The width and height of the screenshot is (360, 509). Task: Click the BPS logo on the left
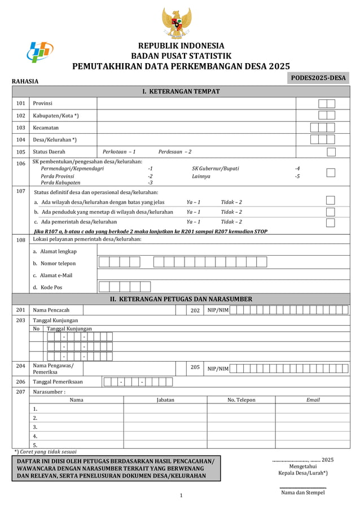pyautogui.click(x=40, y=53)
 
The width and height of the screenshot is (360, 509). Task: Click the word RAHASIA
pyautogui.click(x=25, y=82)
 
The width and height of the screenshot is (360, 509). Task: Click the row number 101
pyautogui.click(x=20, y=104)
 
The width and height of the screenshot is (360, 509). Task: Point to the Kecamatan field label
pyautogui.click(x=46, y=128)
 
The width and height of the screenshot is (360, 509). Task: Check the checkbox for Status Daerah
pyautogui.click(x=331, y=152)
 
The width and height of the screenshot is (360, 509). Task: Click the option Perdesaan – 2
pyautogui.click(x=174, y=152)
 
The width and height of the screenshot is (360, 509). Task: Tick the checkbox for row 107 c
pyautogui.click(x=331, y=222)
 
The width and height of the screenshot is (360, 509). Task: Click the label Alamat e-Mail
pyautogui.click(x=52, y=275)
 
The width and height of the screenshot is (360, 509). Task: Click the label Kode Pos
pyautogui.click(x=47, y=287)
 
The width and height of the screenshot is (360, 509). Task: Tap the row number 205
pyautogui.click(x=195, y=367)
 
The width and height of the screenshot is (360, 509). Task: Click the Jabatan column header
pyautogui.click(x=165, y=400)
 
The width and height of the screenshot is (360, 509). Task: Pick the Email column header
pyautogui.click(x=313, y=400)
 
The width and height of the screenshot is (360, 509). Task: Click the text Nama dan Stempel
pyautogui.click(x=303, y=493)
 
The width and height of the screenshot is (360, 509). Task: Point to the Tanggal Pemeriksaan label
pyautogui.click(x=58, y=382)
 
